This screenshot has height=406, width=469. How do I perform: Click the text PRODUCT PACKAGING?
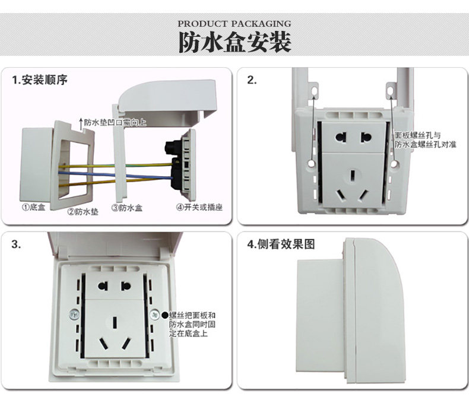(235, 24)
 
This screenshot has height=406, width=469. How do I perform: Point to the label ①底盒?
(34, 208)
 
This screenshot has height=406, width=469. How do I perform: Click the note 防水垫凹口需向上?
(115, 123)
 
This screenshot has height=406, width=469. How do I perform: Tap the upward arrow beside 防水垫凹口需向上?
(80, 122)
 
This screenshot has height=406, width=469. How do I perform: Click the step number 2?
(252, 80)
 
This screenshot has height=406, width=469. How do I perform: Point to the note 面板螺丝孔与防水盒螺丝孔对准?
(425, 140)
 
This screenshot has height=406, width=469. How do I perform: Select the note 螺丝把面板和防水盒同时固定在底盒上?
(192, 324)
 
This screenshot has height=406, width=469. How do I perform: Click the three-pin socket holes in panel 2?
(354, 186)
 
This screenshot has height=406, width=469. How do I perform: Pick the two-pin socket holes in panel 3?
(114, 286)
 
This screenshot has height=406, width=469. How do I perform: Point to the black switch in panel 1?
(176, 161)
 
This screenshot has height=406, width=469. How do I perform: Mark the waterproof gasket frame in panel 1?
(74, 163)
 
